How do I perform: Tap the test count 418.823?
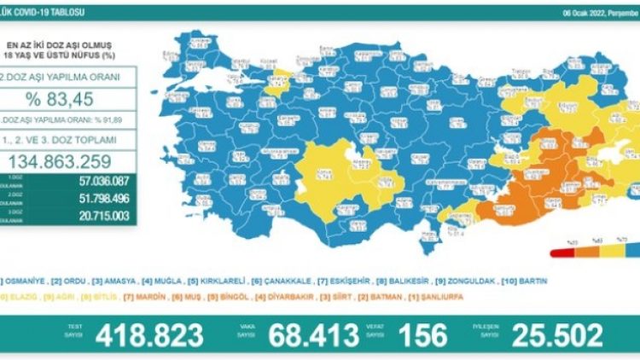(x=146, y=335)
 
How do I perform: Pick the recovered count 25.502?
(x=557, y=335)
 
